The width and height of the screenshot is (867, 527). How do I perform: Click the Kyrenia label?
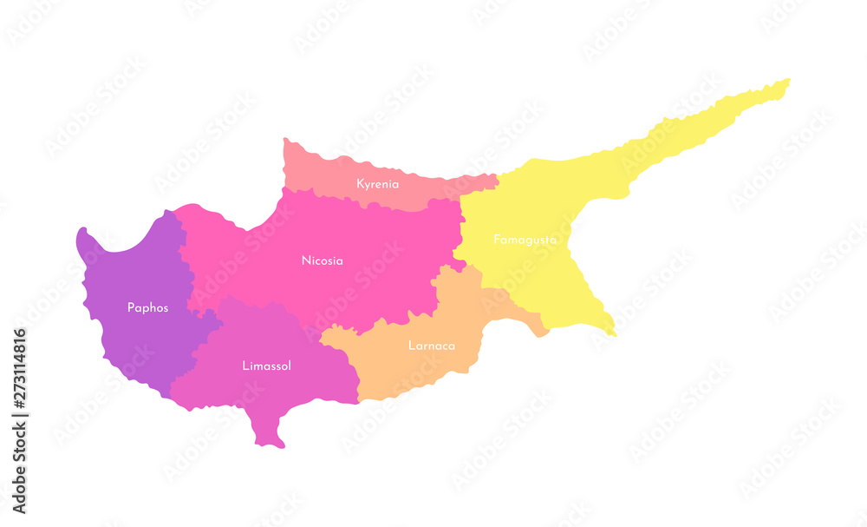pos(378,184)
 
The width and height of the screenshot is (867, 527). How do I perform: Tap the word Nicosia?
pos(323,260)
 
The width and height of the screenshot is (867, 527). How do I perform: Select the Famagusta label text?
pos(525,239)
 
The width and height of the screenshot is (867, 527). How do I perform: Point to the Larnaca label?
pos(432,346)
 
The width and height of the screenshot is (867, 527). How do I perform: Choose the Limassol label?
pos(266,366)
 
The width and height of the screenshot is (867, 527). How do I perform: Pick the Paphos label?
pos(147,307)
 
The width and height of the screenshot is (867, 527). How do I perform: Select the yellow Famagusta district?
pos(555,278)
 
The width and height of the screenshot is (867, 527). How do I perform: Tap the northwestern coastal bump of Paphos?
pos(85,239)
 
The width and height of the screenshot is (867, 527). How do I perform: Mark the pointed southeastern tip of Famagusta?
pos(611,331)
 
